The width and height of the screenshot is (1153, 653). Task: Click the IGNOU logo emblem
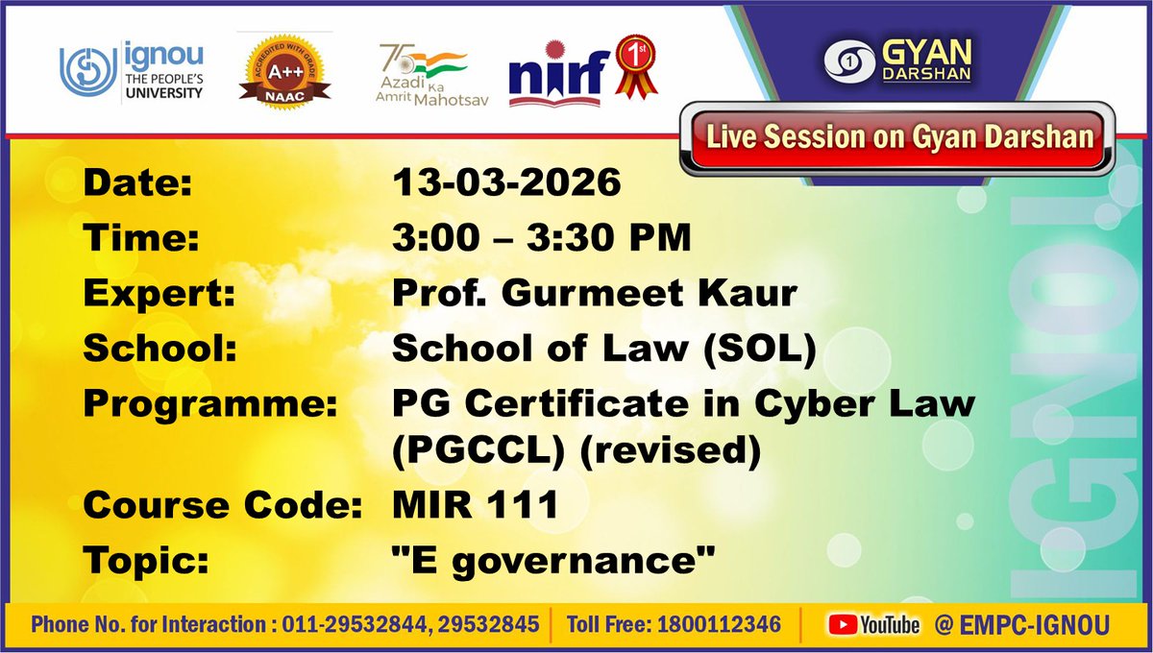86,71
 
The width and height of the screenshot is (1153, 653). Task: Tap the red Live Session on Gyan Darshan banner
899,137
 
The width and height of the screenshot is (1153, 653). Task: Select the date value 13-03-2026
506,182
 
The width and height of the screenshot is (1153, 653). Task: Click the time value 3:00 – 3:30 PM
541,238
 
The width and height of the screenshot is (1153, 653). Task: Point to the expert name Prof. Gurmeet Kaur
594,294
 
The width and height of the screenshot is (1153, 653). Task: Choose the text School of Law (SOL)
603,350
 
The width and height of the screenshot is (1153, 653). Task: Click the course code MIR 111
475,504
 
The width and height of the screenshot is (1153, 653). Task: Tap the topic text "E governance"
553,561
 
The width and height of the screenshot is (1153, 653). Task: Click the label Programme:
210,404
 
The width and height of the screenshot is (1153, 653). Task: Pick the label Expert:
159,294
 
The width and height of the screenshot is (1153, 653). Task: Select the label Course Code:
221,504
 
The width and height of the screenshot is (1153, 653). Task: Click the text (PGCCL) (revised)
576,449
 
